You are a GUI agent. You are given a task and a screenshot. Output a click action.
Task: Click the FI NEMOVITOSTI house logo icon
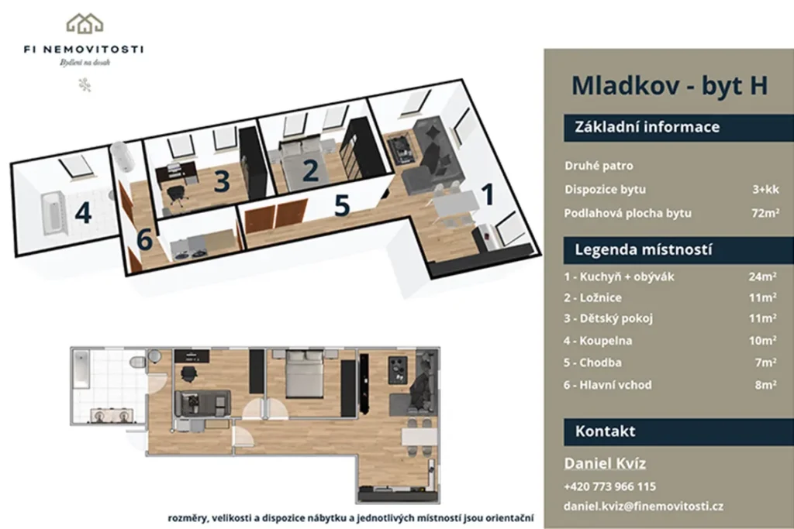point(85,23)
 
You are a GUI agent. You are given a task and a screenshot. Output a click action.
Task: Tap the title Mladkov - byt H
point(669,85)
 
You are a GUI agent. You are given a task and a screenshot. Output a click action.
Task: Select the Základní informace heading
point(647,126)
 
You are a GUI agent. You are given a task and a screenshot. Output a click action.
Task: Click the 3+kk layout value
point(765,189)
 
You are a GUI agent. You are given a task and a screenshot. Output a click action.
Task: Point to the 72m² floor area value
point(765,213)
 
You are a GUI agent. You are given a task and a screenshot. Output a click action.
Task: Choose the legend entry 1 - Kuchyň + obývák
point(619,277)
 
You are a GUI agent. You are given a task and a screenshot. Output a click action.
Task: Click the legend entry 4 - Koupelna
point(598,341)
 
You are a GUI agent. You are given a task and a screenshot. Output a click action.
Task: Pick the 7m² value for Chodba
point(765,362)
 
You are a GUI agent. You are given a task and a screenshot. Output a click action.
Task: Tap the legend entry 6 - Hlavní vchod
point(607,385)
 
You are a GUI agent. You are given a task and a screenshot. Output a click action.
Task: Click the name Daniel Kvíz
point(605,463)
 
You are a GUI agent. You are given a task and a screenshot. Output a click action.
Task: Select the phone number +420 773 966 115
point(609,486)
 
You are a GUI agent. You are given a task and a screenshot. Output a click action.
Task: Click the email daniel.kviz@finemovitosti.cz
point(643,507)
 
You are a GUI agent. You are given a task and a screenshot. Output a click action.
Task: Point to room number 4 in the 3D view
point(83,212)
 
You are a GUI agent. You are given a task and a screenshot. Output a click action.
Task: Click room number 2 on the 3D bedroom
point(310,170)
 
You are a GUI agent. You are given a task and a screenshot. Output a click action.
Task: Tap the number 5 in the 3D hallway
point(342,205)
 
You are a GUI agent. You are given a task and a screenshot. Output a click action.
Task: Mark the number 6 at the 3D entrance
point(145,239)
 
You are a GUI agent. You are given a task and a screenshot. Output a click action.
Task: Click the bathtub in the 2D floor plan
point(81,369)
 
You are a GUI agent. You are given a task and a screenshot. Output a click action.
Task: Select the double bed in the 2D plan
point(305,375)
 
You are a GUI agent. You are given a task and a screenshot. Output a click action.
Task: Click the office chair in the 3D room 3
point(175,195)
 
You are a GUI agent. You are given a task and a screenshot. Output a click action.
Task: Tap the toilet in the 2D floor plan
point(137,362)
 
